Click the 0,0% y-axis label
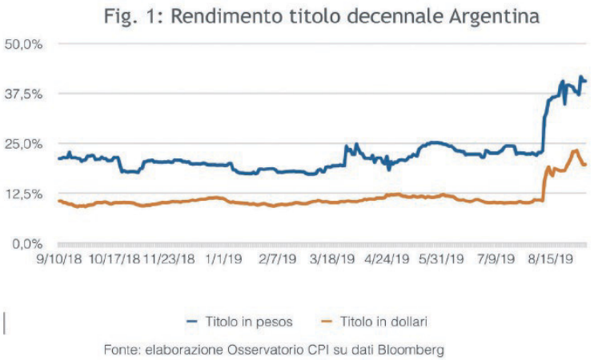pyautogui.click(x=24, y=243)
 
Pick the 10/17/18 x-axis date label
pyautogui.click(x=114, y=259)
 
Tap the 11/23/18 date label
pyautogui.click(x=169, y=259)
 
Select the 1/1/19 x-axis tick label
pyautogui.click(x=224, y=259)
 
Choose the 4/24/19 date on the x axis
pyautogui.click(x=387, y=259)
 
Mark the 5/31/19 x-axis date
pyautogui.click(x=442, y=259)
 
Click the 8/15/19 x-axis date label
pyautogui.click(x=552, y=259)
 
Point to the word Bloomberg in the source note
pyautogui.click(x=410, y=350)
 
